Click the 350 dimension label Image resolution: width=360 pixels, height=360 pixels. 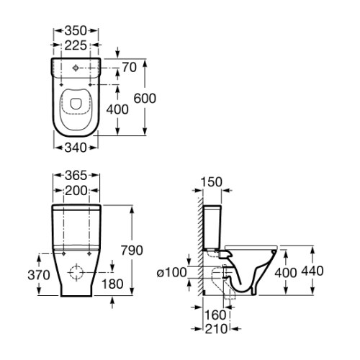76,30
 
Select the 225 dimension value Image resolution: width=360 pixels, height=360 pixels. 76,45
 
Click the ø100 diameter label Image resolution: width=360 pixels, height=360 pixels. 171,271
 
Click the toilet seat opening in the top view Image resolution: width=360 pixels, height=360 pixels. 77,106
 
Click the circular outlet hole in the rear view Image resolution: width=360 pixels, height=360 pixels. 76,274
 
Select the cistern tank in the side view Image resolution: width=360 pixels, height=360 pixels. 213,225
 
